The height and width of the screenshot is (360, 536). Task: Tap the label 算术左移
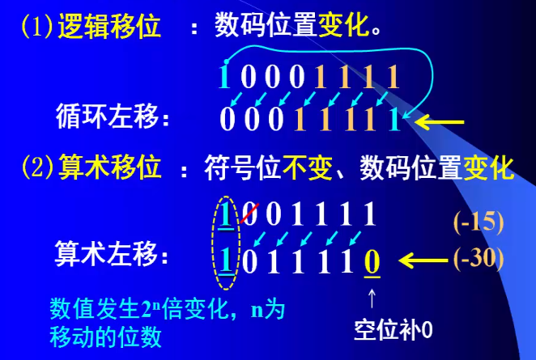point(114,257)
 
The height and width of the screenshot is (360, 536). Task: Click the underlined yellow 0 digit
point(372,261)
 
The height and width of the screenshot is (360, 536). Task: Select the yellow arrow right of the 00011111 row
point(441,122)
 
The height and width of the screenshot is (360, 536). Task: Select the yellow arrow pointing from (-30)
point(425,260)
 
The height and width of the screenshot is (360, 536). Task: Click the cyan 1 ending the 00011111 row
point(394,120)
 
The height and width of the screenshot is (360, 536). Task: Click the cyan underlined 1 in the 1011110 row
point(226,261)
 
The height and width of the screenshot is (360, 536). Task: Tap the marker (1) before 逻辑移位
point(37,28)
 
